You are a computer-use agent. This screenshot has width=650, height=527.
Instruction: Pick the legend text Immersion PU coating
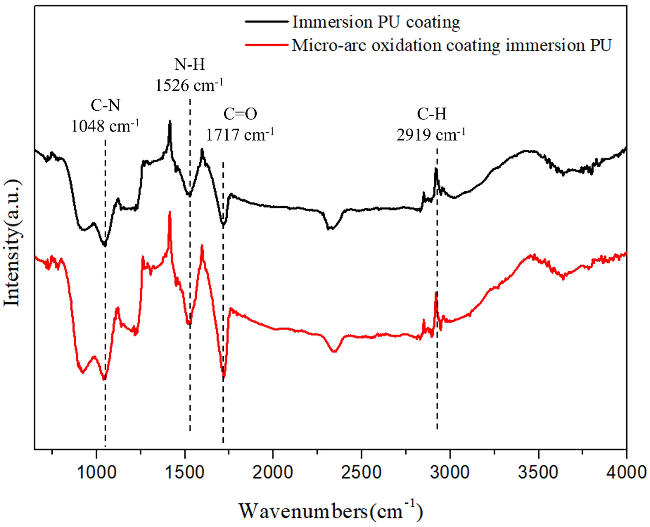coord(376,22)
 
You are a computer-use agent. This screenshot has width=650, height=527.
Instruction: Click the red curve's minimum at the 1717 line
coord(224,376)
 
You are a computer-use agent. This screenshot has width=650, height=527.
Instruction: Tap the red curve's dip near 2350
coord(334,352)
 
